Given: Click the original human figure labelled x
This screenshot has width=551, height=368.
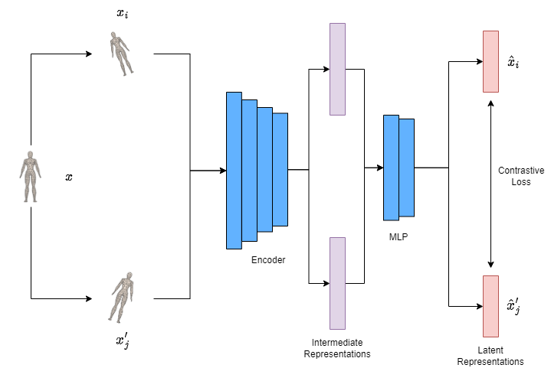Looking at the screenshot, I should pyautogui.click(x=29, y=176).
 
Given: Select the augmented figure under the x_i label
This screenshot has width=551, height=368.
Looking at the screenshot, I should pyautogui.click(x=120, y=53).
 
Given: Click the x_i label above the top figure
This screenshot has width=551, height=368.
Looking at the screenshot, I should pyautogui.click(x=122, y=14).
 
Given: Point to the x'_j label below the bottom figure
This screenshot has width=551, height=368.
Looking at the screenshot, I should pyautogui.click(x=123, y=339).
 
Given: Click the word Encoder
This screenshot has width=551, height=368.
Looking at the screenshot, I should pyautogui.click(x=268, y=260).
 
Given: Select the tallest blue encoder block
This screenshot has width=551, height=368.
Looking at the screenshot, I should pyautogui.click(x=234, y=170).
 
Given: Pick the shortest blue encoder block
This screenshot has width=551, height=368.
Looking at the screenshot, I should pyautogui.click(x=280, y=170).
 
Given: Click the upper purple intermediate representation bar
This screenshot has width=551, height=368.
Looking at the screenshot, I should pyautogui.click(x=337, y=69).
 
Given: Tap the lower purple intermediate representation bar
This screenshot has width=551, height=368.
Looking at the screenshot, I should pyautogui.click(x=337, y=283).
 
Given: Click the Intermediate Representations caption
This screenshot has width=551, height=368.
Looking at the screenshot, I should pyautogui.click(x=337, y=348).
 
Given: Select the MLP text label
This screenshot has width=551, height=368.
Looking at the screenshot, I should pyautogui.click(x=398, y=237).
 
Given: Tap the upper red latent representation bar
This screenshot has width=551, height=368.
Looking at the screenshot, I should pyautogui.click(x=490, y=61).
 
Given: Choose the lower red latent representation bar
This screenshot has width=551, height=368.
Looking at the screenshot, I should pyautogui.click(x=490, y=306).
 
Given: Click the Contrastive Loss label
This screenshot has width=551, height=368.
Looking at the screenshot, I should pyautogui.click(x=514, y=176).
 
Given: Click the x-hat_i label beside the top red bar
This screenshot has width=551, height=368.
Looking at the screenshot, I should pyautogui.click(x=513, y=61).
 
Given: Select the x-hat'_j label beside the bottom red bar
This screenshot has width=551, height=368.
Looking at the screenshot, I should pyautogui.click(x=514, y=306).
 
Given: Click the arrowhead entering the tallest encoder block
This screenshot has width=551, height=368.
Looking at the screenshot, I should pyautogui.click(x=222, y=170).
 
